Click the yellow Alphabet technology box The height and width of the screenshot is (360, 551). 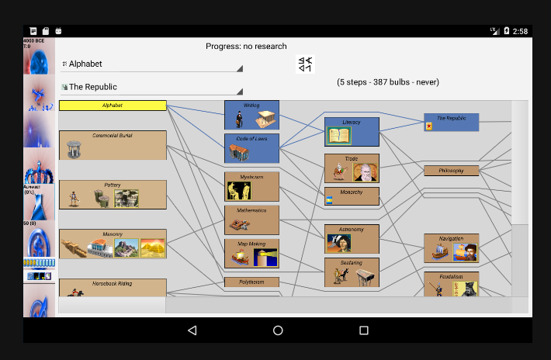click(113, 105)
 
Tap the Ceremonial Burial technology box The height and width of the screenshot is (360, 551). click(113, 145)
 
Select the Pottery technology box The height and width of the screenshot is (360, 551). click(113, 195)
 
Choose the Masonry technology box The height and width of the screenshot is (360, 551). click(113, 244)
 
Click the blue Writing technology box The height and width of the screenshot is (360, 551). click(251, 115)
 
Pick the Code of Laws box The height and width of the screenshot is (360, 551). click(251, 148)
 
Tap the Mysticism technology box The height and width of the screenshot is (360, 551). click(251, 186)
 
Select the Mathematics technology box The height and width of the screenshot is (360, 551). click(251, 220)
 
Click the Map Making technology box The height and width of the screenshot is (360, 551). click(251, 254)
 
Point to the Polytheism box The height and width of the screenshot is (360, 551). click(251, 282)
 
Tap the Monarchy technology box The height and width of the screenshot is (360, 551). click(352, 196)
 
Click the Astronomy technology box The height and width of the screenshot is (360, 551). click(352, 239)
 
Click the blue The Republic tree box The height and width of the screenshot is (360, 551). click(451, 123)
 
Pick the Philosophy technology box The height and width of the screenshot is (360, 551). click(451, 171)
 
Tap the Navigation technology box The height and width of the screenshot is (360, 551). click(451, 248)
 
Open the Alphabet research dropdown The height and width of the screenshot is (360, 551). click(152, 64)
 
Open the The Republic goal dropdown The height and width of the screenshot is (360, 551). click(152, 88)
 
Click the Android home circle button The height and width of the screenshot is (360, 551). click(278, 331)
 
